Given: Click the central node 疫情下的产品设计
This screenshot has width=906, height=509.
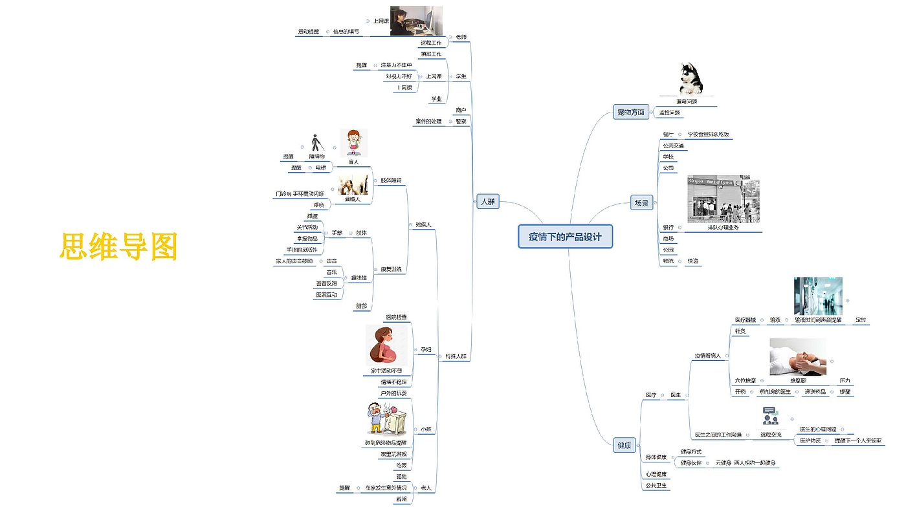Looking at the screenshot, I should pyautogui.click(x=565, y=237).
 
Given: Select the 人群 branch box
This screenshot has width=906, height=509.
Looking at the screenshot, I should pyautogui.click(x=488, y=201).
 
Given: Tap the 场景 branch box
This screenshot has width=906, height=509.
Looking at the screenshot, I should pyautogui.click(x=641, y=203).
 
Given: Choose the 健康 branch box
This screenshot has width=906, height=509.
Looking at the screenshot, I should pyautogui.click(x=624, y=445).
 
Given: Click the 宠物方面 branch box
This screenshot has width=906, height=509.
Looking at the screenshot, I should pyautogui.click(x=630, y=113).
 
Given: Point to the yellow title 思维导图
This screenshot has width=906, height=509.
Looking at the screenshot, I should pyautogui.click(x=118, y=246).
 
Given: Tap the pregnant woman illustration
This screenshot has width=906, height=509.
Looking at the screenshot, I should pyautogui.click(x=387, y=345).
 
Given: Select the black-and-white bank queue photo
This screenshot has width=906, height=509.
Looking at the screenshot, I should pyautogui.click(x=723, y=199).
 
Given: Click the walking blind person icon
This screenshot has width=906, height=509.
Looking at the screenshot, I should pyautogui.click(x=316, y=143).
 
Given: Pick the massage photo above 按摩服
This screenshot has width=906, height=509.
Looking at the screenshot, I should pyautogui.click(x=797, y=356).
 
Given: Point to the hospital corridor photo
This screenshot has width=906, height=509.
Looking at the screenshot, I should pyautogui.click(x=817, y=296).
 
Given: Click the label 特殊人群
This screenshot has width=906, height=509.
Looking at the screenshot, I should pyautogui.click(x=455, y=356).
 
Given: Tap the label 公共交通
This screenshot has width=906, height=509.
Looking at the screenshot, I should pyautogui.click(x=673, y=146).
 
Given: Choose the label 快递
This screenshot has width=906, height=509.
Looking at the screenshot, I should pyautogui.click(x=692, y=261).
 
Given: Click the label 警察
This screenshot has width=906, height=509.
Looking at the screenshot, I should pyautogui.click(x=461, y=121).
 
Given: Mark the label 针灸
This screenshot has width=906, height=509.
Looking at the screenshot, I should pyautogui.click(x=740, y=331).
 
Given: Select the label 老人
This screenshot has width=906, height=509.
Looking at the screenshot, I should pyautogui.click(x=426, y=488).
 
